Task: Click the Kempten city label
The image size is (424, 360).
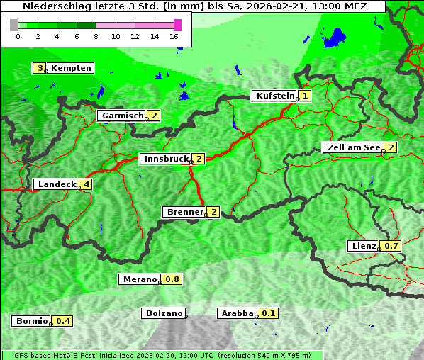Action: tap(71, 68)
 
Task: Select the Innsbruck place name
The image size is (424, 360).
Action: tap(165, 159)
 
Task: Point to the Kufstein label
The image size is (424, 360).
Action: tap(275, 96)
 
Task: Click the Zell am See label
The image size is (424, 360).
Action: tap(352, 147)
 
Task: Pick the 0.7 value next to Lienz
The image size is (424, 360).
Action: tap(392, 246)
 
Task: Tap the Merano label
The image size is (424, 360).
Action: tap(139, 279)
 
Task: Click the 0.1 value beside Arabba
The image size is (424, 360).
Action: tap(269, 313)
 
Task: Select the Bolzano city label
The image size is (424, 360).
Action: tap(164, 313)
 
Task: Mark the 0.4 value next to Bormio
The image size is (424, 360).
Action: tap(64, 321)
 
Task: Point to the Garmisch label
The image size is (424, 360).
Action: tap(123, 116)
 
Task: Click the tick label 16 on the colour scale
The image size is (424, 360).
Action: tap(174, 36)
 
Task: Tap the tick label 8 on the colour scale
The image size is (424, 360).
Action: tap(95, 36)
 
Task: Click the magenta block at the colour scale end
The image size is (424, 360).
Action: tap(177, 25)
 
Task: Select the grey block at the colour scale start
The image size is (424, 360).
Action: tap(14, 25)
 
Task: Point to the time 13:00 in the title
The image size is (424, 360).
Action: tap(332, 6)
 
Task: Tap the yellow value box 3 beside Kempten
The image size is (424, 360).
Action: tap(40, 68)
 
